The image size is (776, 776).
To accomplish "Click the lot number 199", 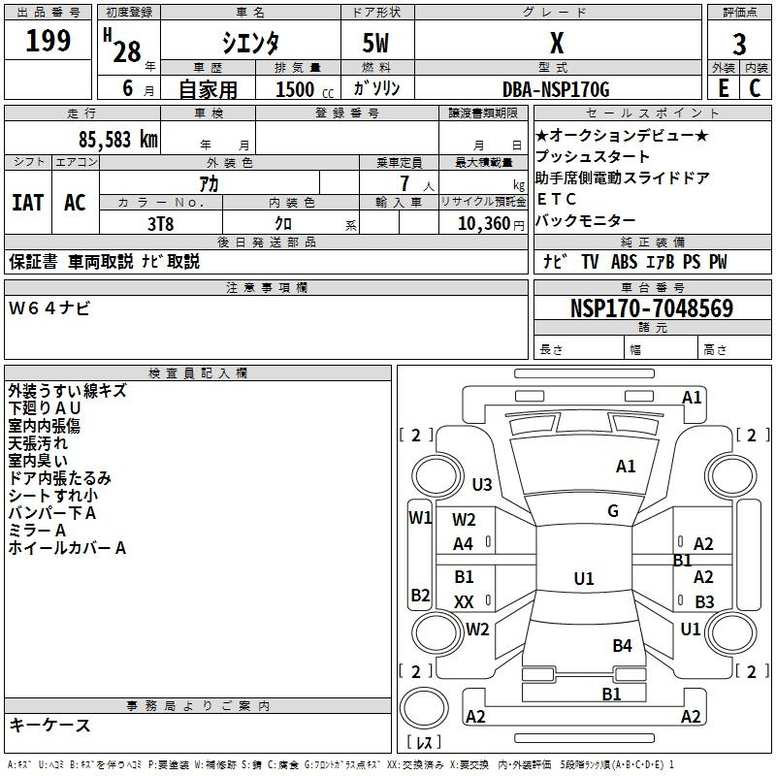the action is [x=48, y=41].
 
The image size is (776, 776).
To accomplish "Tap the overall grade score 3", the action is [x=739, y=44].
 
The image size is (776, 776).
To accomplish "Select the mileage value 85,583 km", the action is [x=118, y=140].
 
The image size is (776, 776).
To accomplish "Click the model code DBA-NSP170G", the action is [x=556, y=89].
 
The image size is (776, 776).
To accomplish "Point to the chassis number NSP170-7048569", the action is [x=652, y=308].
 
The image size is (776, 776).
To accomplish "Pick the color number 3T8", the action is [x=161, y=224].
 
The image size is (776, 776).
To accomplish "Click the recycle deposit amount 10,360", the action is [x=484, y=224].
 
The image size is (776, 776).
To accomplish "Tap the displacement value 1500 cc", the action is [x=305, y=89].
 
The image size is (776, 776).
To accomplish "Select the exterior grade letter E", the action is [x=724, y=88].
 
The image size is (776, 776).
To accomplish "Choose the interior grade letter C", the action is [x=755, y=88].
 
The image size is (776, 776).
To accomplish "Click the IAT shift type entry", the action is [x=27, y=203].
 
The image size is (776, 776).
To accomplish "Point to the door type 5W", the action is [x=375, y=43].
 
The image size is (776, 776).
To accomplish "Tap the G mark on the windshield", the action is [x=613, y=511].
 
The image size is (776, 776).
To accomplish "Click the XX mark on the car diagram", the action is [x=464, y=601].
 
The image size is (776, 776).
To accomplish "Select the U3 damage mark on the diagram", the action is [x=482, y=484].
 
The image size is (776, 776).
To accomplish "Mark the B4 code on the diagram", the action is [x=622, y=645].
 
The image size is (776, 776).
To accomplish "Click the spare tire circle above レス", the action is [x=424, y=708].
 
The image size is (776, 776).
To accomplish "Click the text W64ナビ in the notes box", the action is [x=49, y=308].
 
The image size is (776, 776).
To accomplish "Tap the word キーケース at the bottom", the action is [x=50, y=725].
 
